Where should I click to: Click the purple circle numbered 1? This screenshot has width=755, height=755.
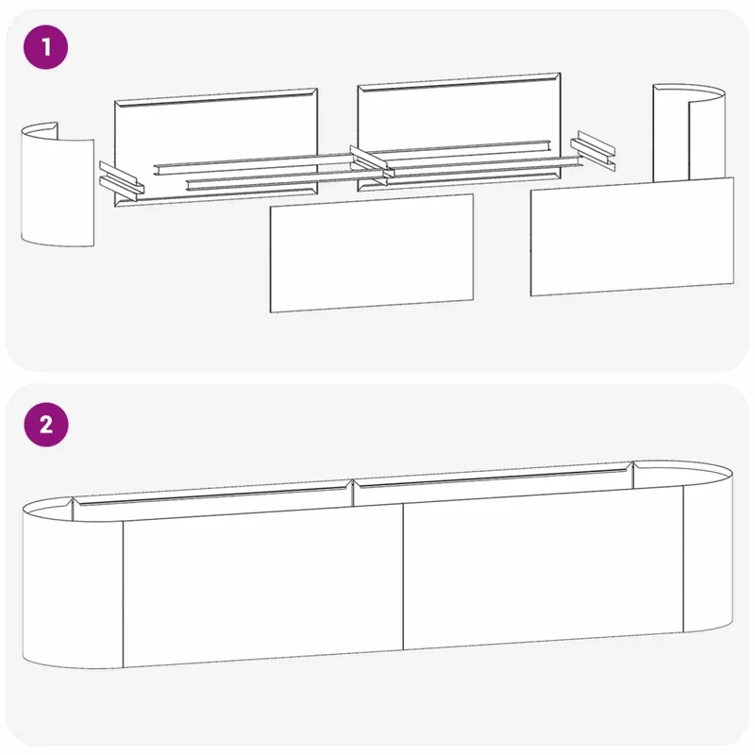click(x=45, y=47)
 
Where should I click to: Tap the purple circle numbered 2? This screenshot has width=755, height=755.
click(x=45, y=425)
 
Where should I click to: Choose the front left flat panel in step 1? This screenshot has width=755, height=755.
click(x=371, y=253)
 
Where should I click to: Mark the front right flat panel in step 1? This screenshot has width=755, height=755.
click(x=632, y=237)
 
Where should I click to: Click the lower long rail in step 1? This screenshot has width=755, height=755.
click(x=384, y=174)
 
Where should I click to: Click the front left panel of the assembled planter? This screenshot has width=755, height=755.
click(x=263, y=585)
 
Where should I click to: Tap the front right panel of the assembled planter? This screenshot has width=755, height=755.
click(x=544, y=568)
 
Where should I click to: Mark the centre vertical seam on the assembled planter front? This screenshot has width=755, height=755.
click(x=403, y=578)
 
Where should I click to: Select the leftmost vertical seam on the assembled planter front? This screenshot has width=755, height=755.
click(x=124, y=595)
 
